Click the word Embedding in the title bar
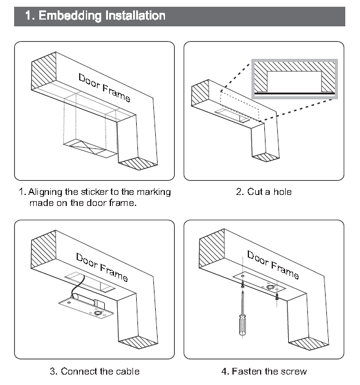[70, 16]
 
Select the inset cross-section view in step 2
[294, 79]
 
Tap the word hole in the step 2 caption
[282, 192]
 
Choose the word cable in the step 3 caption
[128, 371]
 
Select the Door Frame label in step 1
[104, 88]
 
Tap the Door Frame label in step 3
[102, 267]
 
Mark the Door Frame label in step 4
[273, 265]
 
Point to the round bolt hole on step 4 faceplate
[270, 287]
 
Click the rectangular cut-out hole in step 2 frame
[232, 115]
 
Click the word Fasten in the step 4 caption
[247, 372]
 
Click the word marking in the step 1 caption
[154, 192]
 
